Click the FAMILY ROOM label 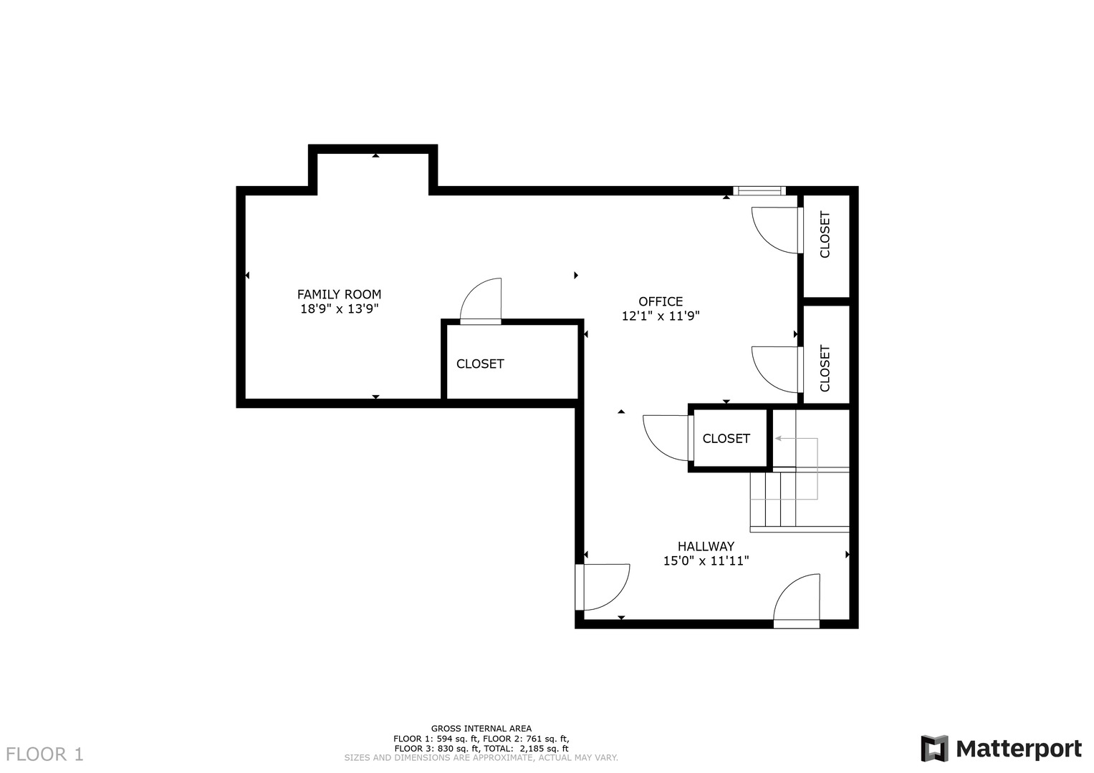pos(339,294)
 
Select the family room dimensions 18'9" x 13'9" pos(339,309)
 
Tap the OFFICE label pos(661,301)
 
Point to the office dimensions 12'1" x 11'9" pos(661,316)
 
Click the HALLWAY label pos(706,546)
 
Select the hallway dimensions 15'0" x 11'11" pos(706,561)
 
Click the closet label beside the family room pos(480,364)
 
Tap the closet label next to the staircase pos(726,439)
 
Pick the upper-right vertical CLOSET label pos(825,235)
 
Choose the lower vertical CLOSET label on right pos(825,369)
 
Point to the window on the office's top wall pos(759,190)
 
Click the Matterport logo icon pos(934,749)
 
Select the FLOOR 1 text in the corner pos(45,754)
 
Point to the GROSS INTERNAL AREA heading pos(481,729)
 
